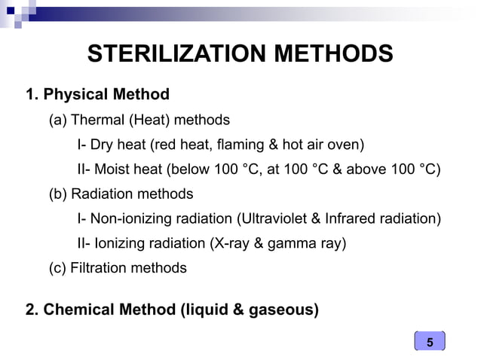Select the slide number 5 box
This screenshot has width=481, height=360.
[430, 343]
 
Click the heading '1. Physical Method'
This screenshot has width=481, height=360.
[97, 95]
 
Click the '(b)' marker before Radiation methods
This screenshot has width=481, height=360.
[58, 194]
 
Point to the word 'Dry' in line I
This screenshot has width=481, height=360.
[102, 144]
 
